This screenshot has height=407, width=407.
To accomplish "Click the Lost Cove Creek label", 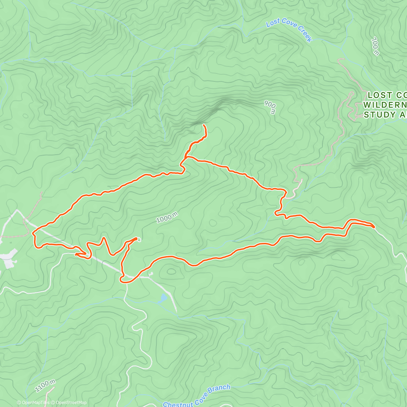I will point(289,30).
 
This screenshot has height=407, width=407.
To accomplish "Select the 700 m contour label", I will point(375,46).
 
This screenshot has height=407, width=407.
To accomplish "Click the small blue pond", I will point(163,298).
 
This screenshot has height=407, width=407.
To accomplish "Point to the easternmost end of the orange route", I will point(374,227).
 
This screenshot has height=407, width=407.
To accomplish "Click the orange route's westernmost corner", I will point(33,233).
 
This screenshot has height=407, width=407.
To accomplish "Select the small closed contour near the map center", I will point(213,223).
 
